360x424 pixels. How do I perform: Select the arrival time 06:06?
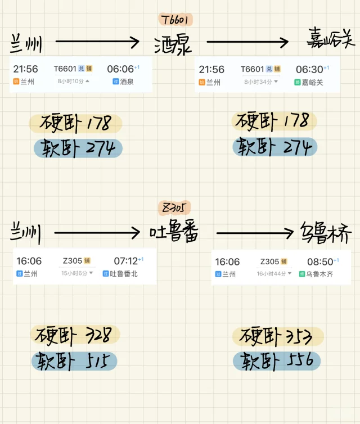click(x=120, y=69)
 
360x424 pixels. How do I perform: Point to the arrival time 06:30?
click(x=309, y=69)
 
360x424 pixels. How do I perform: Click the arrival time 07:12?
click(x=125, y=261)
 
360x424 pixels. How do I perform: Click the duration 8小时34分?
click(x=258, y=82)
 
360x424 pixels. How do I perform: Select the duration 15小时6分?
click(x=75, y=273)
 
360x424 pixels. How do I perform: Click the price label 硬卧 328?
click(x=75, y=335)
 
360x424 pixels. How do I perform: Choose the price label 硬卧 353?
click(x=278, y=336)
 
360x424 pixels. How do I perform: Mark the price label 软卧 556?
click(x=278, y=361)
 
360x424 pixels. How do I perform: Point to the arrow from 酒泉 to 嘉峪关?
click(x=247, y=42)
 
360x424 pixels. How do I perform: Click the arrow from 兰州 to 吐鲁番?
click(x=97, y=232)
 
